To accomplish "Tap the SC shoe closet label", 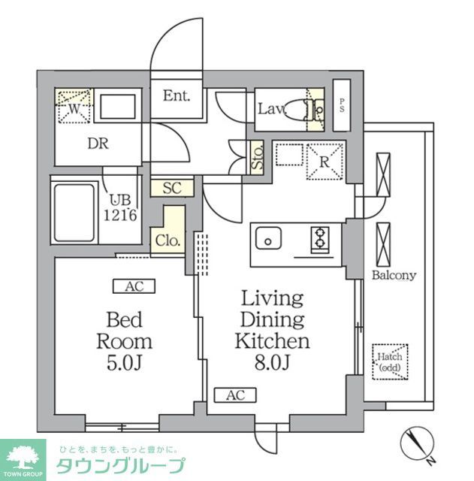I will [172, 188].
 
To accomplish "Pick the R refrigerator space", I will [325, 159].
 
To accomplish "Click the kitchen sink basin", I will [267, 240].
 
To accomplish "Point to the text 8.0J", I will [272, 363].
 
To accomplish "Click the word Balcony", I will [394, 275].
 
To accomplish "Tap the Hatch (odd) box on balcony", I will [389, 362].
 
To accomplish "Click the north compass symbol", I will [415, 443].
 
